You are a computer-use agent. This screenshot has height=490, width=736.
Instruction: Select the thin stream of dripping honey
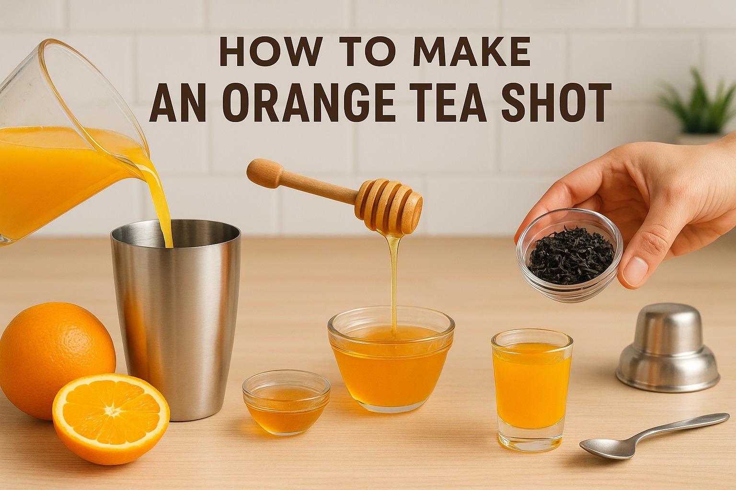click(394, 282)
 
